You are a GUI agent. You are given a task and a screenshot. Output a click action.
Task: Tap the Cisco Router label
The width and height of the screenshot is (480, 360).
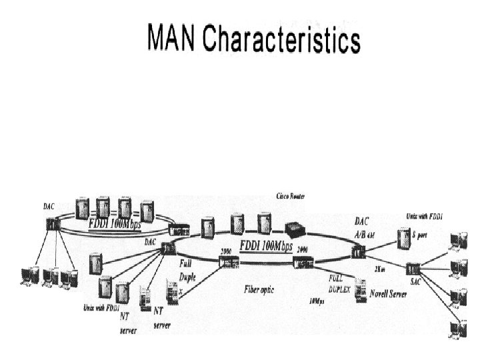[x=295, y=196]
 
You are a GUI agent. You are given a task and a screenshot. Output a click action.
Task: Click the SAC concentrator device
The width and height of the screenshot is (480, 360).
[x=413, y=268]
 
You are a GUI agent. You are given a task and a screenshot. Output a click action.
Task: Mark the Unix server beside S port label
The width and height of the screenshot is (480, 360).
[x=403, y=236]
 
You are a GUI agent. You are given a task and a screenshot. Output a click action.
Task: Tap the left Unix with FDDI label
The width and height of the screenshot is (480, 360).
[x=101, y=308]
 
